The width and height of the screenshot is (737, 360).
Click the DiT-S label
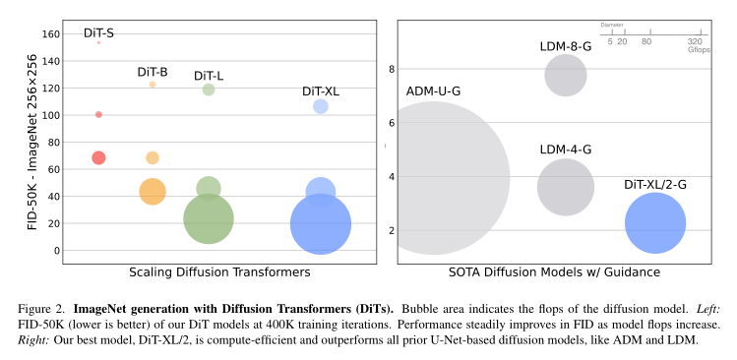[98, 32]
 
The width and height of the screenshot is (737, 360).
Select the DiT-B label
[152, 72]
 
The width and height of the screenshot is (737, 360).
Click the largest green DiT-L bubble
[209, 218]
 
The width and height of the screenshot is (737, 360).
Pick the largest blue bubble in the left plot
[321, 225]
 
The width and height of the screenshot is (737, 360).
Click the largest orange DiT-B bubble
[152, 191]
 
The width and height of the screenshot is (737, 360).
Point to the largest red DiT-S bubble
[98, 157]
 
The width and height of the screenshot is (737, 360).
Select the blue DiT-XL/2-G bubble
[654, 222]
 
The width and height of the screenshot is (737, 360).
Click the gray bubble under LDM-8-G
[565, 76]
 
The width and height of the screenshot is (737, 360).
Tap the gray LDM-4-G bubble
[565, 187]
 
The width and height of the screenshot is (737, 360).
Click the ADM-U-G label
[433, 90]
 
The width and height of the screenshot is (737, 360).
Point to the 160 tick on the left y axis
[49, 33]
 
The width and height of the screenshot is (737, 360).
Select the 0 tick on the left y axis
[55, 250]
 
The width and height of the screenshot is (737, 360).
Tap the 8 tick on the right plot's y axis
[391, 69]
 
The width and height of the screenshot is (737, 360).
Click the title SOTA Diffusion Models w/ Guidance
[553, 272]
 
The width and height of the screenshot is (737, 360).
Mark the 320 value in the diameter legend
[695, 41]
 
